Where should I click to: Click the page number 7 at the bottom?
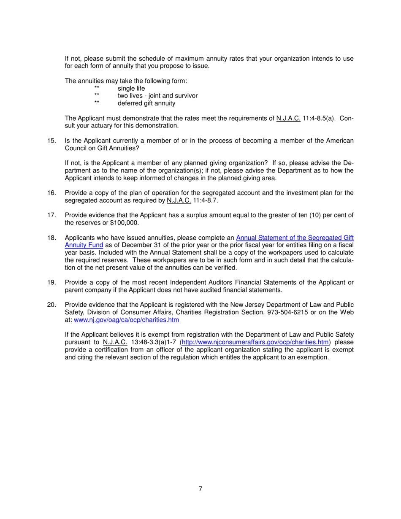[200, 489]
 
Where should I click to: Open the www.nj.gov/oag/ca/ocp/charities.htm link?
[126, 320]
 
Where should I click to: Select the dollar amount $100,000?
[124, 223]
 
